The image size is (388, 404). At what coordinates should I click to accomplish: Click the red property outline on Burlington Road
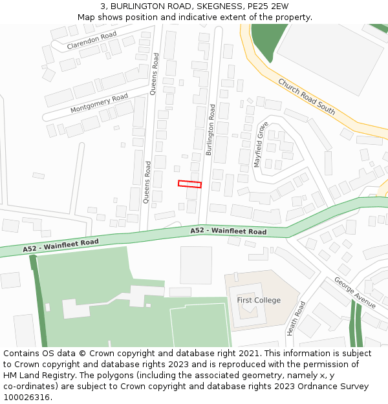189,184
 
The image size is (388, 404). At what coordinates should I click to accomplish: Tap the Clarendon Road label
92,40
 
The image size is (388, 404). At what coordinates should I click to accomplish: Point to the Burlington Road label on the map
210,130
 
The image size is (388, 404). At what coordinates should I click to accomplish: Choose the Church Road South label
307,96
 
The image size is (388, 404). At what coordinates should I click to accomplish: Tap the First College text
259,300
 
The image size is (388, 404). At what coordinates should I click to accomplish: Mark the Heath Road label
296,318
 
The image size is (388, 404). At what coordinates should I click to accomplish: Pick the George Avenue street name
354,292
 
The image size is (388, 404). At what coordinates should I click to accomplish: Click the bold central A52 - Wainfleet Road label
228,231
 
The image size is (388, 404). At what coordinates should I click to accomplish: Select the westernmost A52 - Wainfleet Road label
61,246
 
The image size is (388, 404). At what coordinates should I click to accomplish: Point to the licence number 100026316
27,398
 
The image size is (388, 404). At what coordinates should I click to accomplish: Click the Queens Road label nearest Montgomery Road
154,74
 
